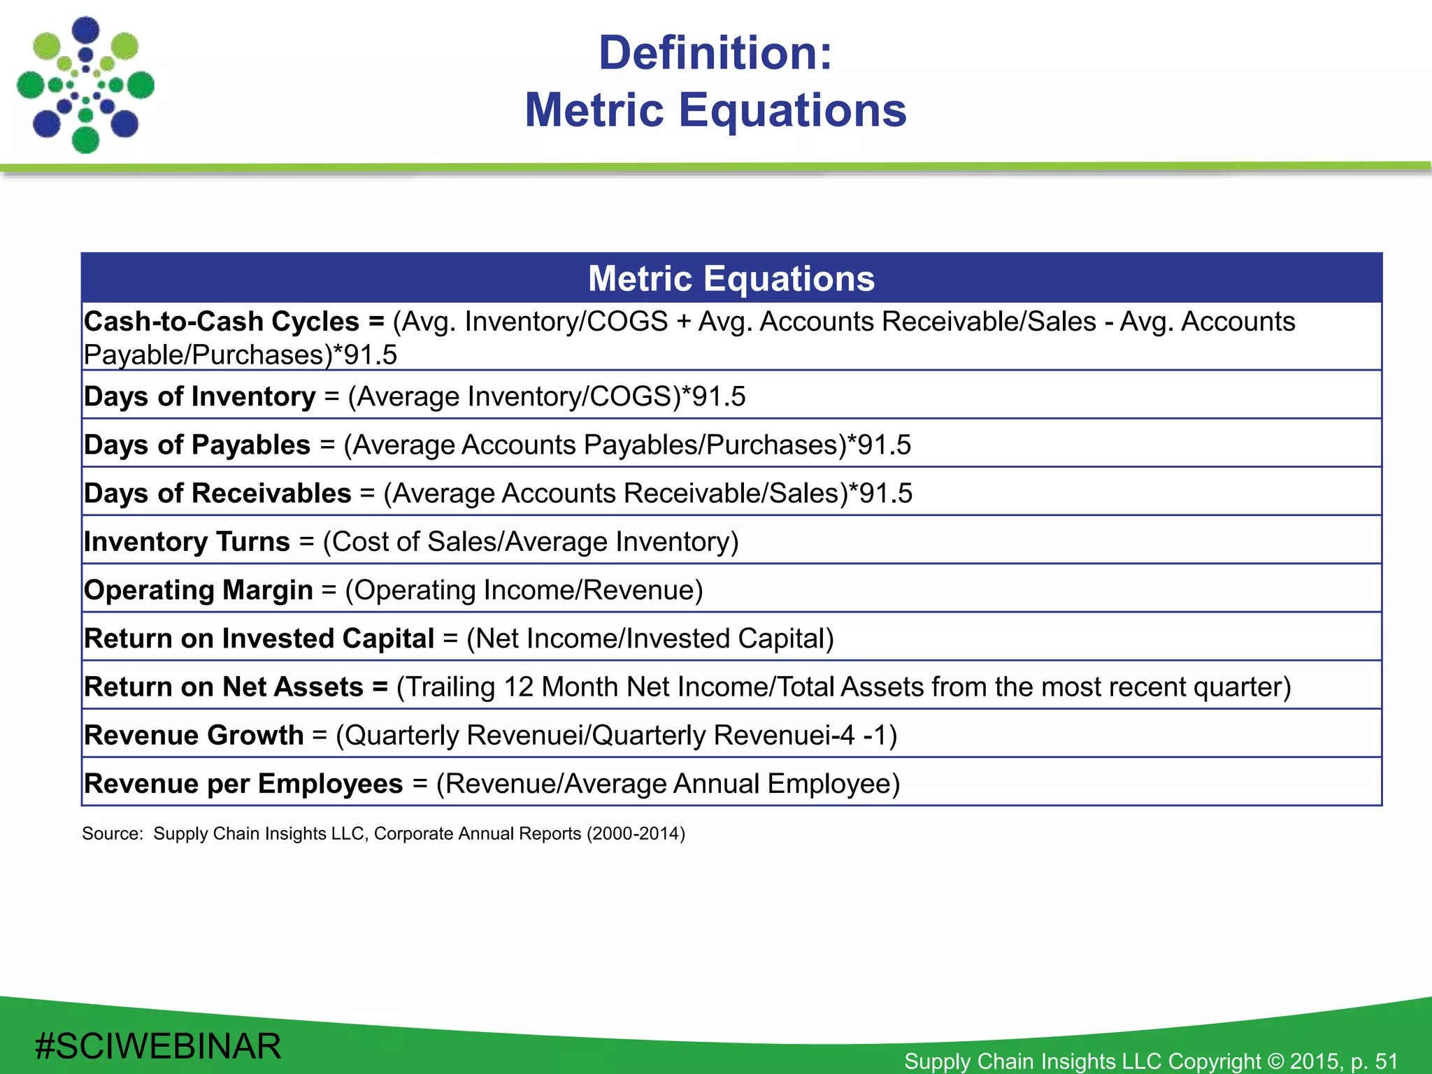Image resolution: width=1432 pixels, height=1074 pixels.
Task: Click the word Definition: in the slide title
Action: (715, 53)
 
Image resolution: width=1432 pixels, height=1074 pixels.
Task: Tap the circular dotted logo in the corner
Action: (85, 85)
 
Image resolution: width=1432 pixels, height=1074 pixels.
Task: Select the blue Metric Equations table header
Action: (731, 278)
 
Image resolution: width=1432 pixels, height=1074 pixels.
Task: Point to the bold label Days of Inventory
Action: (199, 396)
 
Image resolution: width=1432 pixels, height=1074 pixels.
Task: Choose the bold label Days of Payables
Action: (196, 445)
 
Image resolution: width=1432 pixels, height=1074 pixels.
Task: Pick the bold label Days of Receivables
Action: (217, 493)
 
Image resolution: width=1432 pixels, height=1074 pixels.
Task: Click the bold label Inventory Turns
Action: (187, 542)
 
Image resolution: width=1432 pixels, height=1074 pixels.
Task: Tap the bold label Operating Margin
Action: (198, 590)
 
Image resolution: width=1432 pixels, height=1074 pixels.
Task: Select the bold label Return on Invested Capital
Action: (259, 638)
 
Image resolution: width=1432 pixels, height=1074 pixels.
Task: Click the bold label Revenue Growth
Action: (194, 735)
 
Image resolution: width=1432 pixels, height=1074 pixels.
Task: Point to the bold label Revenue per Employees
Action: (243, 784)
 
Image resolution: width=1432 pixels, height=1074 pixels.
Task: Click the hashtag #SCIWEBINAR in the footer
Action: (158, 1047)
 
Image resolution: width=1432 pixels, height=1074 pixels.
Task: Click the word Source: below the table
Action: (112, 833)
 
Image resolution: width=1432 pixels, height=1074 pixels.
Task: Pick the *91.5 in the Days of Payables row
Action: (880, 445)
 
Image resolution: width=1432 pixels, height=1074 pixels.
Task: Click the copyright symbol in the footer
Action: (1275, 1061)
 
